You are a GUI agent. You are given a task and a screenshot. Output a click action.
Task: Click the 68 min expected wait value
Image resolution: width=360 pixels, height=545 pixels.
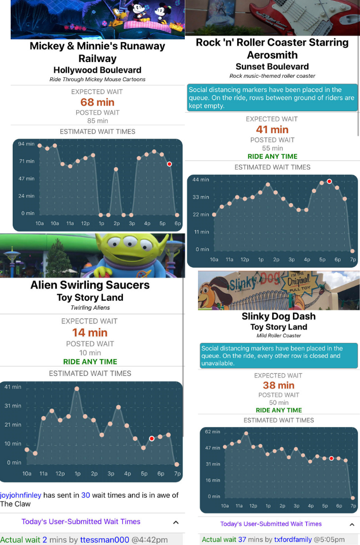[97, 102]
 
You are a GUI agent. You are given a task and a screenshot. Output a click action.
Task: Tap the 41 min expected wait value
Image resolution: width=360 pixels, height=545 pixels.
[272, 130]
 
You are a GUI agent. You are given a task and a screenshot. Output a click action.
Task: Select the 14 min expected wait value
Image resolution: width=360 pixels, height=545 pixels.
[90, 333]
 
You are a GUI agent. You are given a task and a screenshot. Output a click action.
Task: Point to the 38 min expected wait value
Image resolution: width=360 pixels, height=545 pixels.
[279, 386]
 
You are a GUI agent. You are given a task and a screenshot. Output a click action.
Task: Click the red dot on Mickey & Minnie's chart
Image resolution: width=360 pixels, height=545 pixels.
[169, 164]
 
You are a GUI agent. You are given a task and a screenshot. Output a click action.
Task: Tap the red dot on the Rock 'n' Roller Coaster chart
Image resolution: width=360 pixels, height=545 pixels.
[330, 181]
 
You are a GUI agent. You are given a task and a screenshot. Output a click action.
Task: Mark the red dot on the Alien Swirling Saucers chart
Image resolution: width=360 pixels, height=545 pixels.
[152, 438]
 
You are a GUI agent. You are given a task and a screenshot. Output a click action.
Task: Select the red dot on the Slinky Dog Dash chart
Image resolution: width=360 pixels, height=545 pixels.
[332, 458]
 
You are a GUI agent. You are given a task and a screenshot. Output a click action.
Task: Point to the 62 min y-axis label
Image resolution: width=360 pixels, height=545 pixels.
[213, 432]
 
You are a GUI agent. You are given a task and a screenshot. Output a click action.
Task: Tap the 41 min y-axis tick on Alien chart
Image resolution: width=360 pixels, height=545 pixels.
[13, 387]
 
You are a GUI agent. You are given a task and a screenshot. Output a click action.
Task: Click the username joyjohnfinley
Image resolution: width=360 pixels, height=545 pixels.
[20, 495]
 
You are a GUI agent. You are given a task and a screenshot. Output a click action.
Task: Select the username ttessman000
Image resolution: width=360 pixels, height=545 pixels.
[105, 540]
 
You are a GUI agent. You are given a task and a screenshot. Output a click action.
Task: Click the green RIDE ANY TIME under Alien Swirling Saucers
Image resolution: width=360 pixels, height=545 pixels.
[90, 362]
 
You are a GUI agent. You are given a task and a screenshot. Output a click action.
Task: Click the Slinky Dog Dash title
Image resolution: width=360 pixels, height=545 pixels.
[278, 316]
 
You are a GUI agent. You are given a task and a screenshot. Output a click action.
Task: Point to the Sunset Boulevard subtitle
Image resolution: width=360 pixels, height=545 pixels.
[272, 67]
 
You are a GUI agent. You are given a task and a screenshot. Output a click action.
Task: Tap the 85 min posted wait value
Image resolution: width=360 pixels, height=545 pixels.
[97, 121]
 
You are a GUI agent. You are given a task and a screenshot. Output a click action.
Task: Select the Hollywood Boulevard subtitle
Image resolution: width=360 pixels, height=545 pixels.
[97, 70]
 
